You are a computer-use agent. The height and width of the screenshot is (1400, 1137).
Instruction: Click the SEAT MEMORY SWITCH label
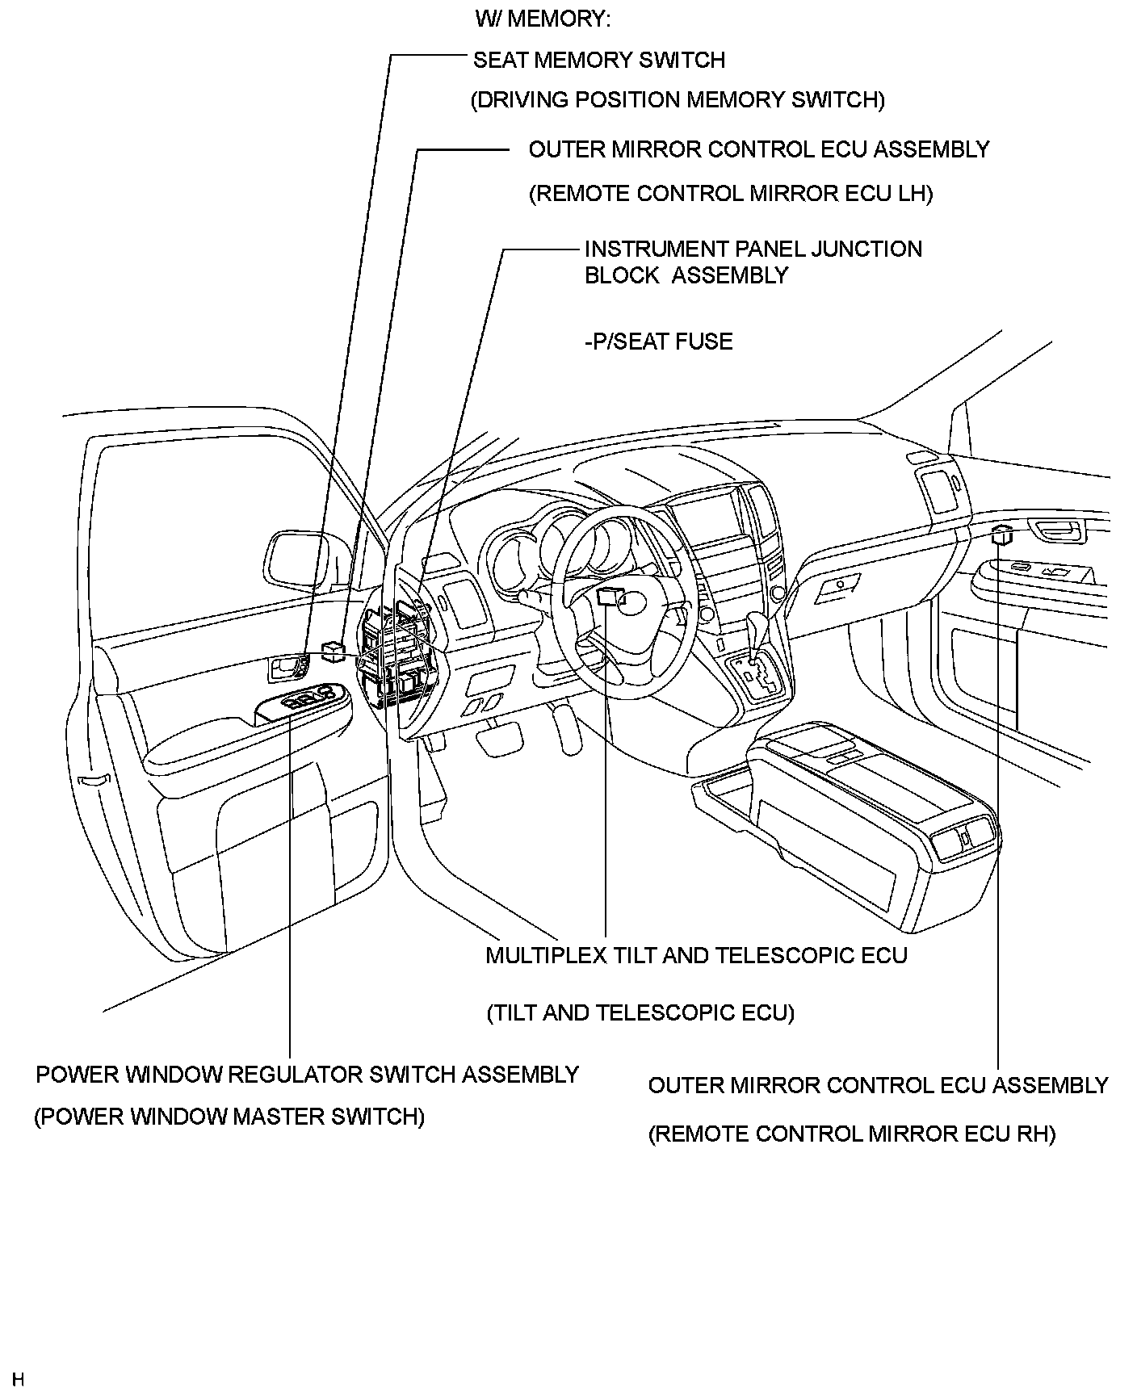click(x=598, y=61)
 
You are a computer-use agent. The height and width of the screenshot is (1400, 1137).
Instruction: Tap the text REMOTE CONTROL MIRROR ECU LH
click(x=731, y=194)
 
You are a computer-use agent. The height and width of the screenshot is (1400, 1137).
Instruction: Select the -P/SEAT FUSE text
click(x=658, y=342)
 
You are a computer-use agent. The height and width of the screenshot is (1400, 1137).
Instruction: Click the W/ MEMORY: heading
click(x=543, y=19)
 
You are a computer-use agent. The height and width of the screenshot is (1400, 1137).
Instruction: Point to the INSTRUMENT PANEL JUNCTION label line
click(x=753, y=249)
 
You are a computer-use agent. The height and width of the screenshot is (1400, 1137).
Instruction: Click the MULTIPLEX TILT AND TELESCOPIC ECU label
click(x=696, y=956)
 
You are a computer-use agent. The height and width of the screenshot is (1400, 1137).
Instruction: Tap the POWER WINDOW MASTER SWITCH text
click(x=229, y=1117)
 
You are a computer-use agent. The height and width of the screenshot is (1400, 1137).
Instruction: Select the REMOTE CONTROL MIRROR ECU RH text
click(x=852, y=1134)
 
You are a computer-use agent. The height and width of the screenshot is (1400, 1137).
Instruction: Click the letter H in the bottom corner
click(x=18, y=1380)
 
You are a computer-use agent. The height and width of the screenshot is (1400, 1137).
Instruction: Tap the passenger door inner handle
click(x=1058, y=530)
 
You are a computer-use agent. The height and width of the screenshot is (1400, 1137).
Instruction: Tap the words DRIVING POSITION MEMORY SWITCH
click(x=678, y=100)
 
